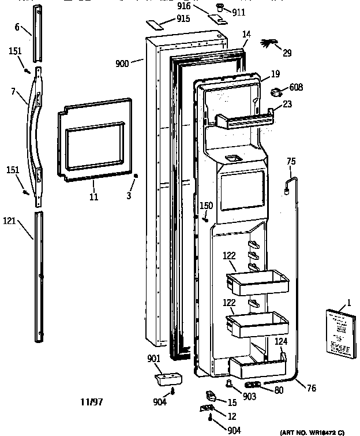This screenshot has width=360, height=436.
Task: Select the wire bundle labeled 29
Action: click(x=271, y=43)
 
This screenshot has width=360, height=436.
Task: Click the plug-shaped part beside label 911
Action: click(x=220, y=7)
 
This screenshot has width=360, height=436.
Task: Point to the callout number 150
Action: click(x=206, y=205)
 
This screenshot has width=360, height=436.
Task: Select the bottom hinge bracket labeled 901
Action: click(x=167, y=378)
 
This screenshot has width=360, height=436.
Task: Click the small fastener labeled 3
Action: click(x=135, y=176)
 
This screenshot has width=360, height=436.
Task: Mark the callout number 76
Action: click(x=311, y=388)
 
